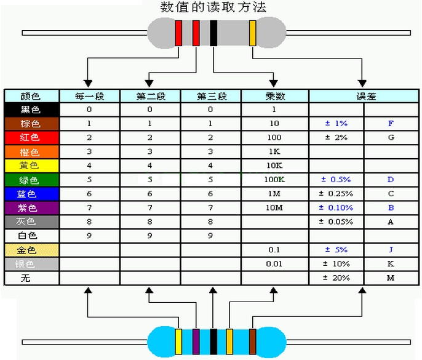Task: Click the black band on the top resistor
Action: point(213,33)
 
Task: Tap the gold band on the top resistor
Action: point(252,33)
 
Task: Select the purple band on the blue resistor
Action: point(196,342)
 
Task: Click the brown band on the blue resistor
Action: point(252,342)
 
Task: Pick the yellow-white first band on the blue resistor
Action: point(178,342)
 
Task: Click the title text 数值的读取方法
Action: point(213,7)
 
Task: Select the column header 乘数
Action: point(275,96)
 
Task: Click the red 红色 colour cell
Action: point(32,138)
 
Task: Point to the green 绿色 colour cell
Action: point(32,180)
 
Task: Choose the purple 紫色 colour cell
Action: point(32,208)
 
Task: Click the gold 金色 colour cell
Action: point(32,250)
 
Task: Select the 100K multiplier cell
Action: point(275,180)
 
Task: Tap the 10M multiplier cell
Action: point(275,208)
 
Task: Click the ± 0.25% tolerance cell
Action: point(336,194)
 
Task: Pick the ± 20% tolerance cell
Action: point(336,278)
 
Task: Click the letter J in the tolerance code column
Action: point(391,250)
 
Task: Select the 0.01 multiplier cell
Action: point(275,264)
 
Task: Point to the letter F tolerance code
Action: point(391,123)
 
